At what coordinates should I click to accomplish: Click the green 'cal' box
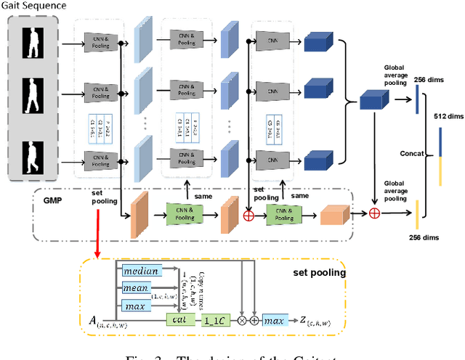pos(176,319)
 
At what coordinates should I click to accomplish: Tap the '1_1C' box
pos(215,319)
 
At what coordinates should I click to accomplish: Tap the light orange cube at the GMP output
pos(333,214)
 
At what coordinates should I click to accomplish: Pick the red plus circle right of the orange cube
pos(375,213)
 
